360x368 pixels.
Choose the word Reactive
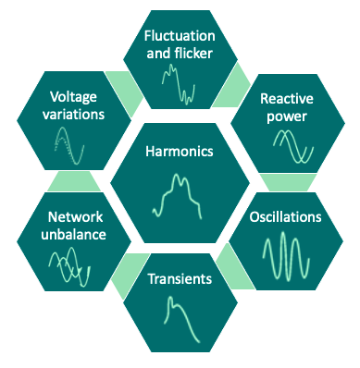point(284,99)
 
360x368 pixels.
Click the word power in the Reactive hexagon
point(284,117)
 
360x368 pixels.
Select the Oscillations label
point(286,217)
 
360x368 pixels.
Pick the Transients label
point(180,278)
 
